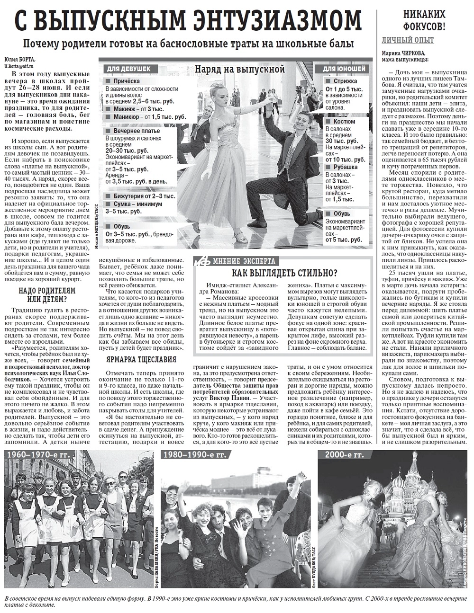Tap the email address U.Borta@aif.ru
[21, 66]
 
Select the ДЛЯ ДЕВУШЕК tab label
[128, 69]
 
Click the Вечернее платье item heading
[137, 131]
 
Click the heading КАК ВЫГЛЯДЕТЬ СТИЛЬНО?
[284, 274]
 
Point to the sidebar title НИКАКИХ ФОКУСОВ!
[424, 20]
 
